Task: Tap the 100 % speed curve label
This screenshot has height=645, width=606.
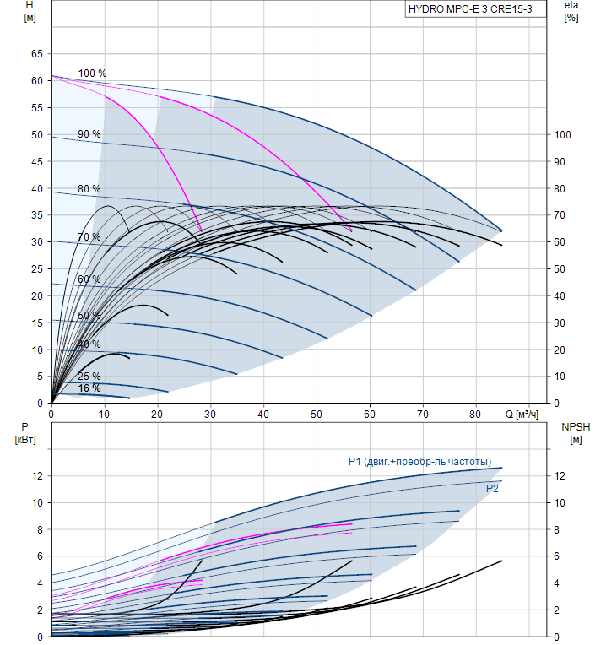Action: pos(92,73)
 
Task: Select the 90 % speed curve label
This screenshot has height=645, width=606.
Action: pos(89,134)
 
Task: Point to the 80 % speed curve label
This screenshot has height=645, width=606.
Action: pos(89,188)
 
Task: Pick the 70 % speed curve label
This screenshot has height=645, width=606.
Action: pos(89,237)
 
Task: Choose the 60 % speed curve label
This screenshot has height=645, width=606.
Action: pos(89,279)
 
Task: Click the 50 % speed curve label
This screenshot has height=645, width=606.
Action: pos(89,316)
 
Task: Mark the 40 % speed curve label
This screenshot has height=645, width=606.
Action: pos(89,344)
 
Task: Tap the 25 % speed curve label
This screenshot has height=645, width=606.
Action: pos(89,377)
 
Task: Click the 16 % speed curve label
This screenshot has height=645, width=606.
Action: pos(89,388)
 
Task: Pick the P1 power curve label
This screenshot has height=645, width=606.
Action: pos(419,462)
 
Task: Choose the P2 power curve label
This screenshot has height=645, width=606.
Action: pos(492,488)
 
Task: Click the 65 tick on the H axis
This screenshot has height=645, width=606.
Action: pos(36,54)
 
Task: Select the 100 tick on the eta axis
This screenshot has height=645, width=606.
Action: pos(563,135)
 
